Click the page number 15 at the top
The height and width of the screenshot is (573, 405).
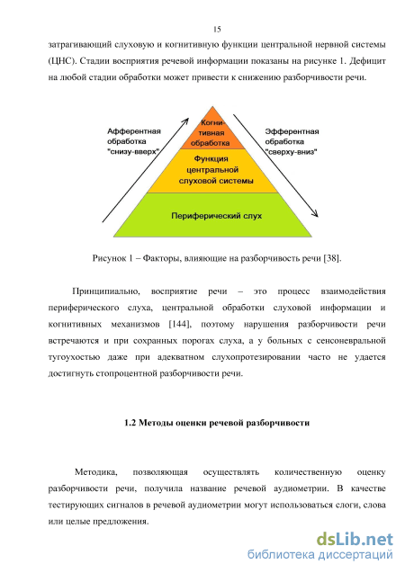tap(217, 29)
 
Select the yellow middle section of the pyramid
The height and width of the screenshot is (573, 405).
tap(212, 171)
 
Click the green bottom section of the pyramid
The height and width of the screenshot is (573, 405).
tap(212, 215)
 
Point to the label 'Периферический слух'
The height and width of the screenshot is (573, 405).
tap(217, 216)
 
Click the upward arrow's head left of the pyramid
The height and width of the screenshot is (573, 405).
tap(185, 121)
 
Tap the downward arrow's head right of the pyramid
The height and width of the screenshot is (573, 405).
tap(314, 213)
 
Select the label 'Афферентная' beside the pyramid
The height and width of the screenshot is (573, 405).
tap(134, 131)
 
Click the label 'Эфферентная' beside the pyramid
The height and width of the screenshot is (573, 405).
tap(292, 131)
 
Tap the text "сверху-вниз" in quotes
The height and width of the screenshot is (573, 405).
tap(291, 152)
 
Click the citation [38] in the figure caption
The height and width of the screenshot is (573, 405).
tap(331, 258)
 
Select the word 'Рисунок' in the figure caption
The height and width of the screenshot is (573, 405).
tap(109, 258)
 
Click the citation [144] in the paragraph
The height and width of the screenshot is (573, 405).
tap(179, 324)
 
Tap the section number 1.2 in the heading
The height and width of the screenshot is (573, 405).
tap(130, 423)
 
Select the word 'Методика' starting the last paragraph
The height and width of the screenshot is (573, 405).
tap(95, 472)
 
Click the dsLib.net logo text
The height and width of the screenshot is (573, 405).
tap(355, 540)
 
